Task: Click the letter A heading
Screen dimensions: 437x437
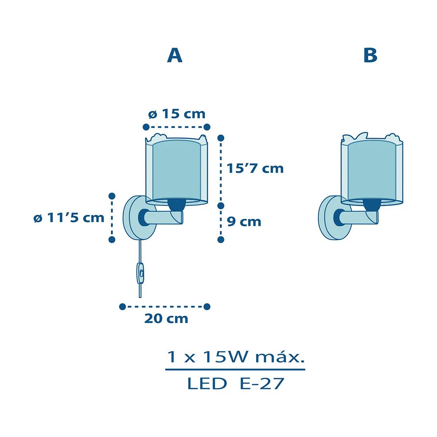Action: tap(175, 55)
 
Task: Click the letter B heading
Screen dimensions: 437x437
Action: tap(370, 55)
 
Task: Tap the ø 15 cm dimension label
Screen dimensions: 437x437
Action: tap(177, 114)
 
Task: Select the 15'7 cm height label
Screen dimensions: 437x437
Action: tap(255, 168)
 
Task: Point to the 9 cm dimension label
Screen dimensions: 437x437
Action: tap(244, 222)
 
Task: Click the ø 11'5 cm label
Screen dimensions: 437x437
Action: tap(69, 218)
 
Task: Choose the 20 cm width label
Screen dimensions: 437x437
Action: tap(166, 319)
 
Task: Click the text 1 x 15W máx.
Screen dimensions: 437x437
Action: tap(236, 357)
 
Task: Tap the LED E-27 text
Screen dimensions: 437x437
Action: tap(236, 383)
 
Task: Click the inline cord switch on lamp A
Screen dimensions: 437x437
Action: tap(141, 273)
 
